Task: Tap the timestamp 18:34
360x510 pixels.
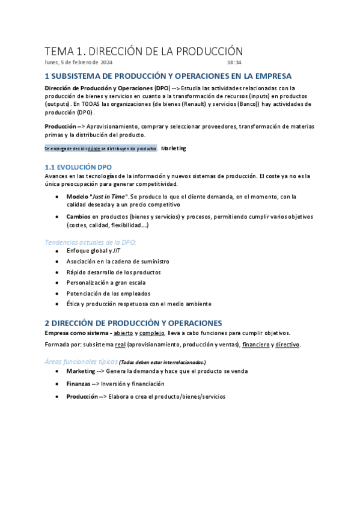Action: (x=234, y=63)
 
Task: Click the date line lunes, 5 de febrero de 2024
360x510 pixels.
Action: (x=78, y=63)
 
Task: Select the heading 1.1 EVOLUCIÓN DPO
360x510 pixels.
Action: (x=78, y=167)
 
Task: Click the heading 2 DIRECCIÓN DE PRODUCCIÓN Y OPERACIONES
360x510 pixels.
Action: (x=133, y=323)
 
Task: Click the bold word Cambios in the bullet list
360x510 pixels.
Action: (x=79, y=216)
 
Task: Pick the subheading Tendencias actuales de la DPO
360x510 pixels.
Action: (x=91, y=242)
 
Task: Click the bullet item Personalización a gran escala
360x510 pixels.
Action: (x=106, y=282)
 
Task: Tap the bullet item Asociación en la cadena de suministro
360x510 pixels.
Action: (x=118, y=261)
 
